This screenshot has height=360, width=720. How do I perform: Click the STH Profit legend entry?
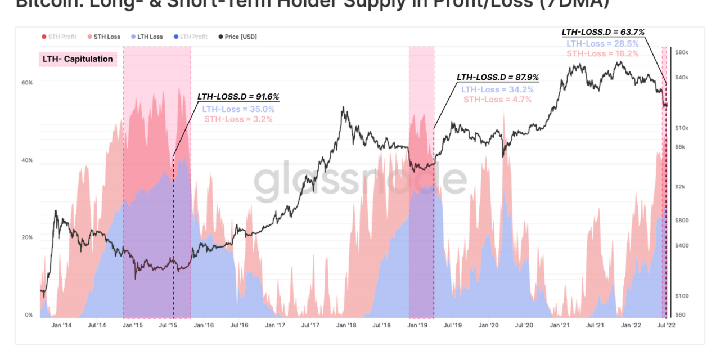[58, 37]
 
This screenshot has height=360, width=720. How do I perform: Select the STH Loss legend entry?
[103, 37]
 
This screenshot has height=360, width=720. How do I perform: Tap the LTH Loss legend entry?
[146, 37]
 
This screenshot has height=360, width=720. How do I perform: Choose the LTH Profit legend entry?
[190, 37]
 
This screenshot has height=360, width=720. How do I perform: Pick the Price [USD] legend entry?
[237, 37]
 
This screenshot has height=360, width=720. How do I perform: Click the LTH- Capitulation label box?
[78, 59]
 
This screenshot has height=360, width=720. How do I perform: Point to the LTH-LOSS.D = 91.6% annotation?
[238, 97]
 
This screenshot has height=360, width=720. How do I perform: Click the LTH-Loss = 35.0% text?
[238, 109]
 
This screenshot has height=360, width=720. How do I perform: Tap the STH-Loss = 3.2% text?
[238, 119]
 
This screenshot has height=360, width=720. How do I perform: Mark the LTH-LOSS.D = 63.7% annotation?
[602, 32]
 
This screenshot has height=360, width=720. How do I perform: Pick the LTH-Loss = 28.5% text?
[602, 43]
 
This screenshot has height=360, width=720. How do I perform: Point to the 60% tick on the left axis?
[27, 83]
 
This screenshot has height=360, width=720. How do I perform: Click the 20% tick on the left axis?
[27, 237]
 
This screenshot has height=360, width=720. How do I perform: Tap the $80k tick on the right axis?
[681, 52]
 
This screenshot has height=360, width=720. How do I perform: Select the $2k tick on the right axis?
[680, 187]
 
